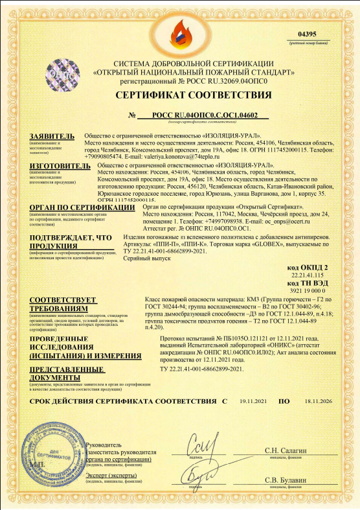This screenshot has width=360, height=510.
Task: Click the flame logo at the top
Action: [180, 28]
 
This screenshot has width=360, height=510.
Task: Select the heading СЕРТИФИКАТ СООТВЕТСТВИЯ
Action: [181, 96]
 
